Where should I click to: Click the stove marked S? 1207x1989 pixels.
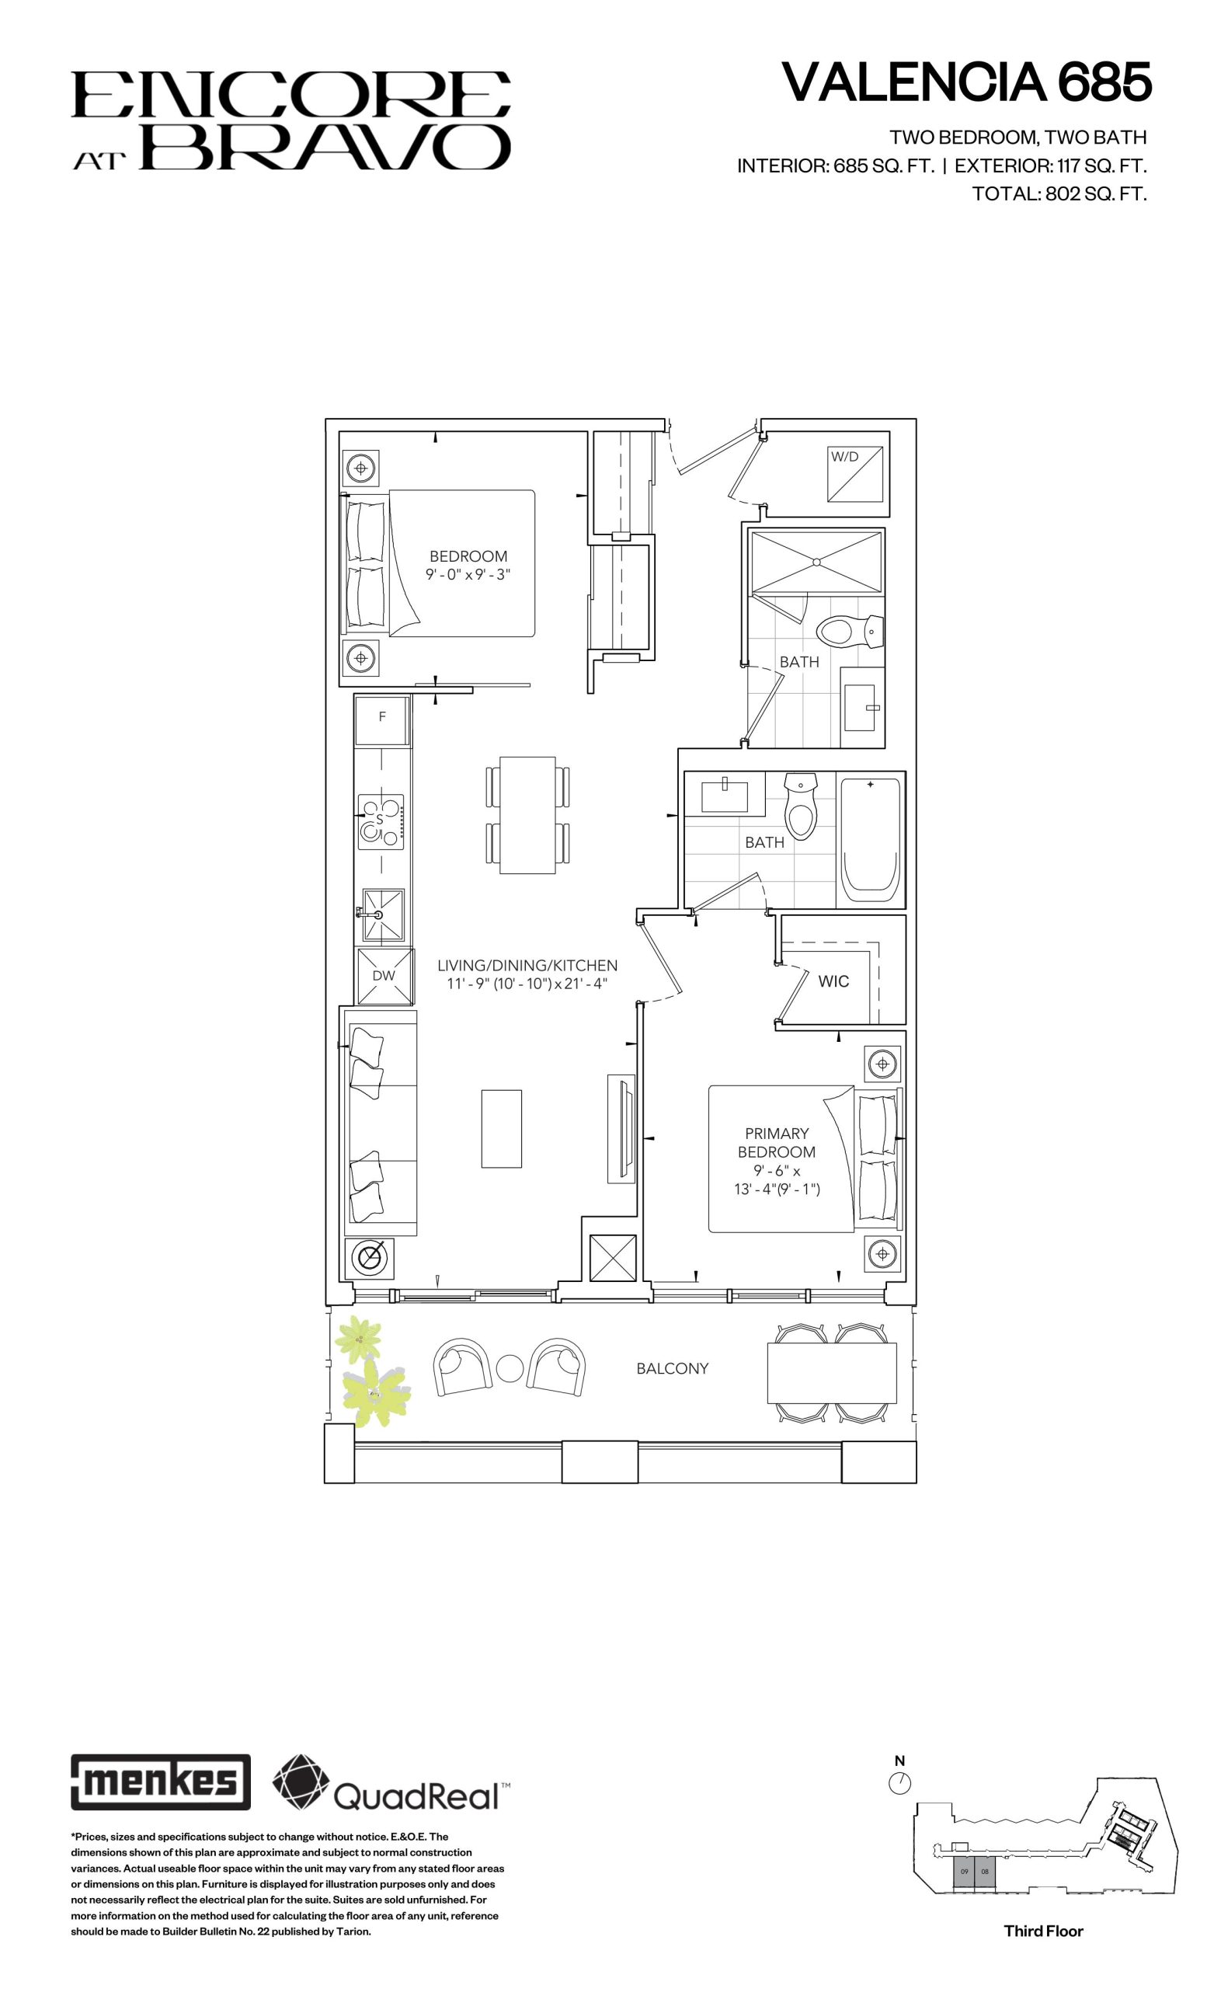381,822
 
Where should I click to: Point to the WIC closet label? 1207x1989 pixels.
833,981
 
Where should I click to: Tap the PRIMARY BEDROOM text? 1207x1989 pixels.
776,1142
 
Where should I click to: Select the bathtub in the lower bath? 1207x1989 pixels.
871,841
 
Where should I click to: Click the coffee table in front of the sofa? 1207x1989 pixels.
501,1128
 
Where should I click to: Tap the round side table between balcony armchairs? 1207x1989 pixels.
510,1367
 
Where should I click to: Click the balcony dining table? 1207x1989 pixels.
831,1373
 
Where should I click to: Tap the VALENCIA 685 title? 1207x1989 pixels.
966,82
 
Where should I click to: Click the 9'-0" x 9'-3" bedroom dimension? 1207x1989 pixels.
468,575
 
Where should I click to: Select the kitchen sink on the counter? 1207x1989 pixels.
383,914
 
